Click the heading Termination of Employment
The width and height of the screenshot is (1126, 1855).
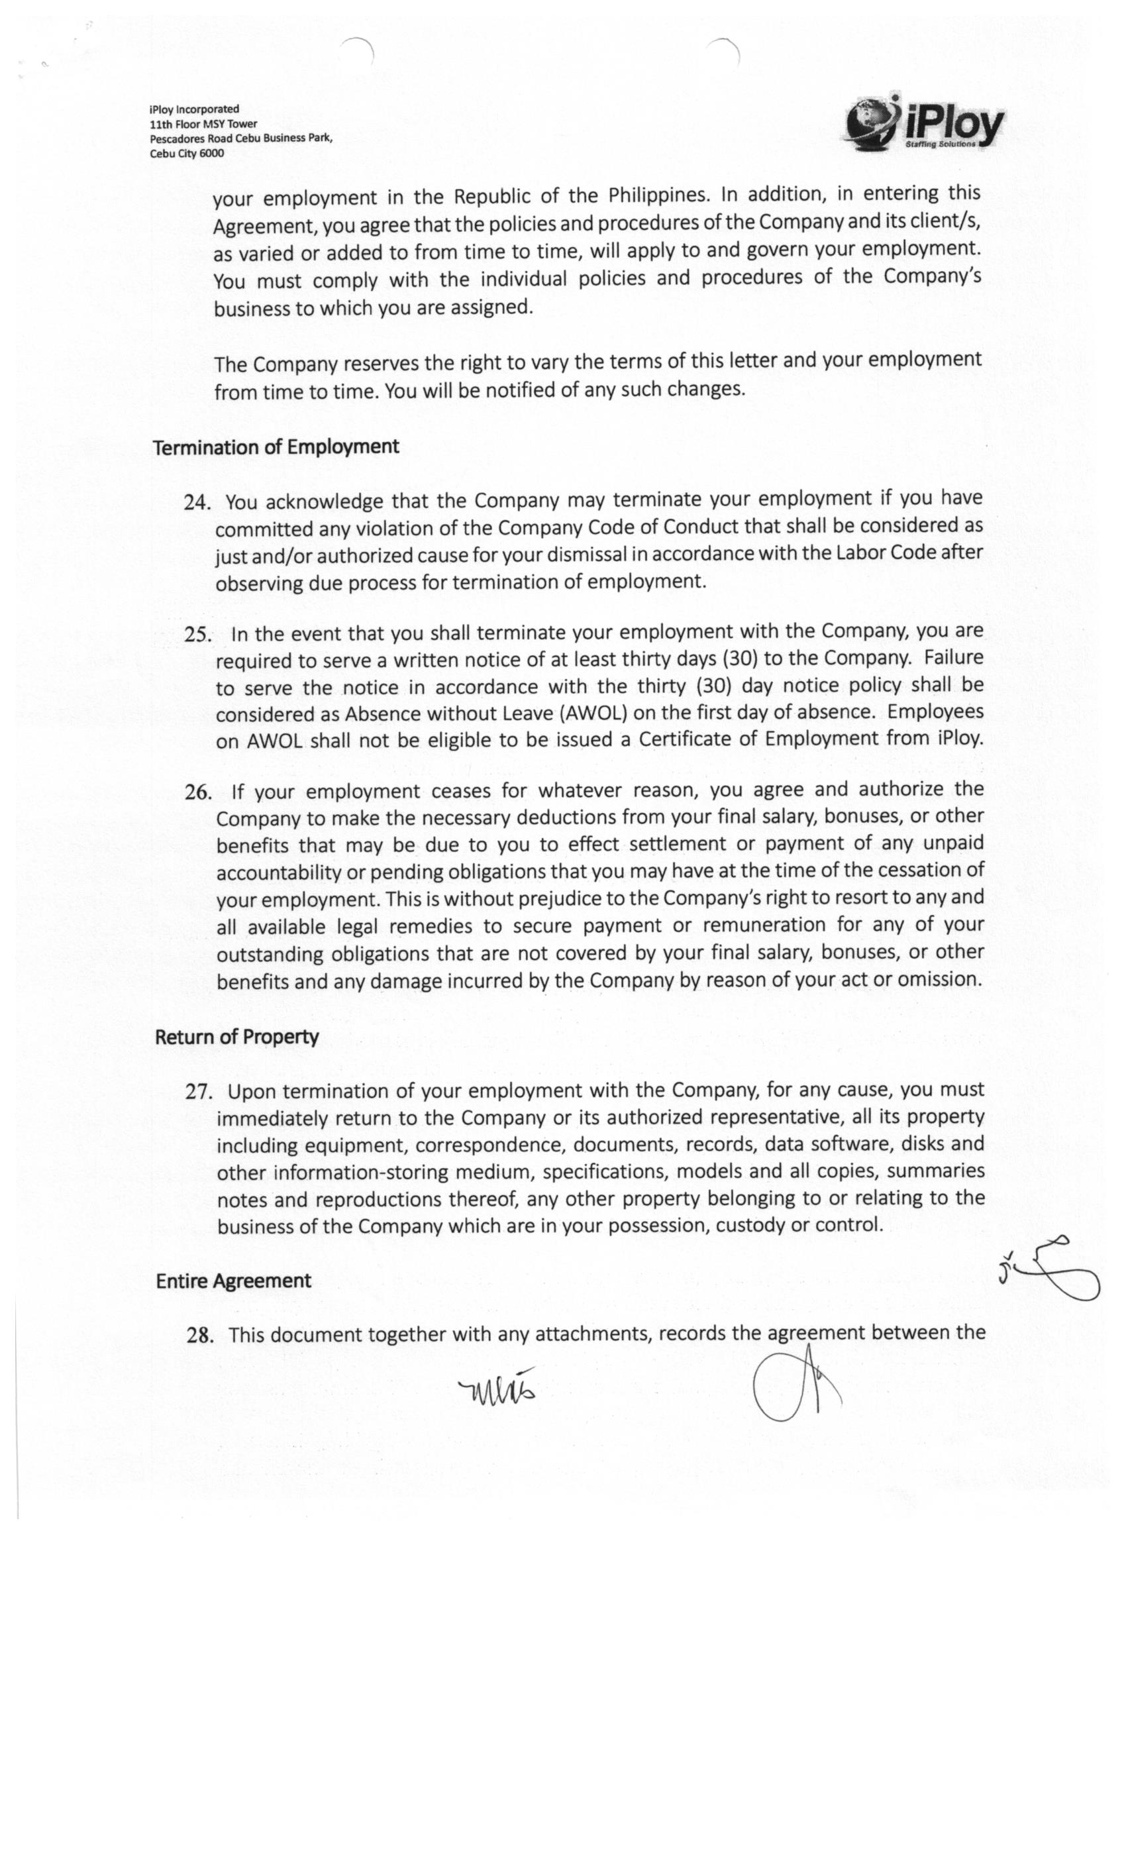[276, 447]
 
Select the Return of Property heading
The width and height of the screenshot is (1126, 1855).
[236, 1037]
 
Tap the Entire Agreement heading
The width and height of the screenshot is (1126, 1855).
[232, 1281]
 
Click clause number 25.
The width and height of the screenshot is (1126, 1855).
[197, 634]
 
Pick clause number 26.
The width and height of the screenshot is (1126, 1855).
[198, 792]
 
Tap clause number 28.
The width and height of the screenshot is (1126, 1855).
[199, 1336]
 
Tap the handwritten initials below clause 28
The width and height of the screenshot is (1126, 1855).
[497, 1387]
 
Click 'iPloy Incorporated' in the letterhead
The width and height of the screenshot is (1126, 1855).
[194, 109]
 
